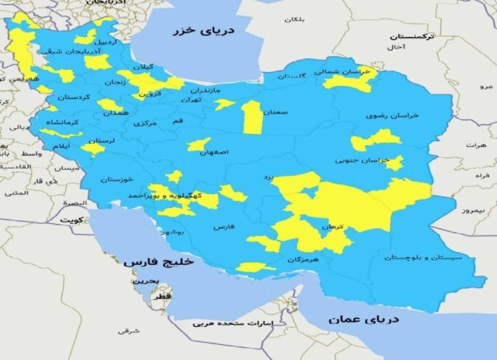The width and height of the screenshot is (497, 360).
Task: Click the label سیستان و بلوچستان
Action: [423, 258]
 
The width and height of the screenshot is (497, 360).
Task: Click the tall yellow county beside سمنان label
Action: [252, 117]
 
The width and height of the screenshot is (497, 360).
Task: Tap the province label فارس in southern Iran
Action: [223, 227]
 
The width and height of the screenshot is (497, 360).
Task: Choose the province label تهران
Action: [192, 100]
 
